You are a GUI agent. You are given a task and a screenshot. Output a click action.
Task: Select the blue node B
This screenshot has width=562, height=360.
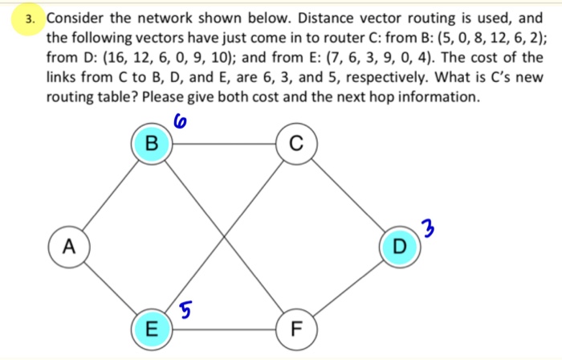151,145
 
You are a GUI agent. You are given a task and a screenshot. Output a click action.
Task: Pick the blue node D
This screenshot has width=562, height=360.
399,245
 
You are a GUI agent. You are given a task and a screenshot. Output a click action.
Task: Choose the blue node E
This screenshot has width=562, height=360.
152,328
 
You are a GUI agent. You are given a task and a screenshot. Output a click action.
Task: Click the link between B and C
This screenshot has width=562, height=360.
224,145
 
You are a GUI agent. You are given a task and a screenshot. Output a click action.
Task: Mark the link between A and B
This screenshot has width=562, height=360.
110,195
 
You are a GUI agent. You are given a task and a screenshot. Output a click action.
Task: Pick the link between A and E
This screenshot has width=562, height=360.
110,287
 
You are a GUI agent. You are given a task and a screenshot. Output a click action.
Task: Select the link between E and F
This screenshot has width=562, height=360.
225,328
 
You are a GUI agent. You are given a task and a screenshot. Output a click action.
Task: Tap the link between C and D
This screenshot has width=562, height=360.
348,195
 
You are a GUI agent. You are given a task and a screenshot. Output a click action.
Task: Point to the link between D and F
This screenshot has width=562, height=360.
348,287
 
